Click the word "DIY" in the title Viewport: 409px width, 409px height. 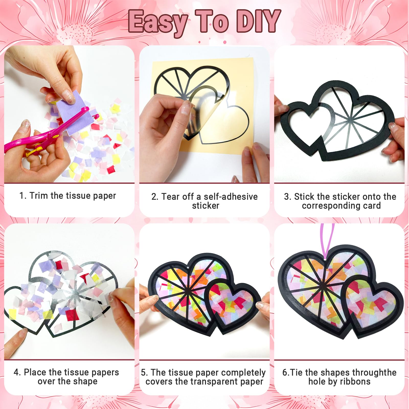coord(258,21)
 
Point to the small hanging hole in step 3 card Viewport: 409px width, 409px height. coord(358,98)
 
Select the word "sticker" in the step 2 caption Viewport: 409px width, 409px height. coord(206,206)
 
